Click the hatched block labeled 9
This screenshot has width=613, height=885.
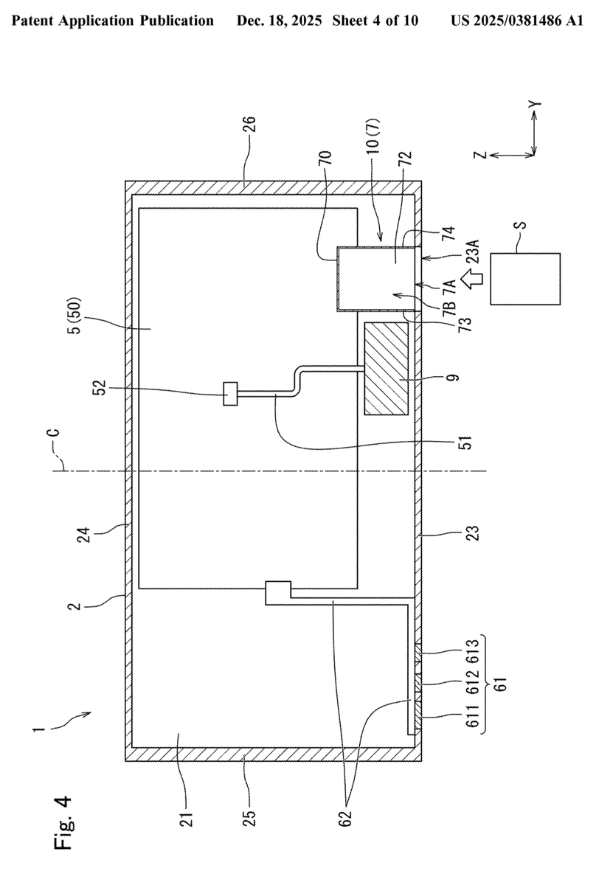(386, 369)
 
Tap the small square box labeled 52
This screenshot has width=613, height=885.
(230, 394)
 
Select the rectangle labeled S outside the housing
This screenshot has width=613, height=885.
(525, 279)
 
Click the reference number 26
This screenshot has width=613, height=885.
(250, 124)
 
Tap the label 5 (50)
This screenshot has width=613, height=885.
(75, 316)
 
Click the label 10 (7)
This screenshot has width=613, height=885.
(373, 136)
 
